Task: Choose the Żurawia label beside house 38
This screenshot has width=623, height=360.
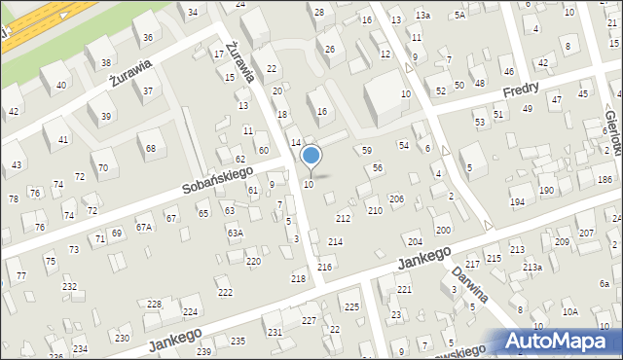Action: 131,73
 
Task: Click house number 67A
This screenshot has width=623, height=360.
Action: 144,227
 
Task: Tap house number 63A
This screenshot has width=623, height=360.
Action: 235,233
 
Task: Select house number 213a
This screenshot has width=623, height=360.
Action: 531,267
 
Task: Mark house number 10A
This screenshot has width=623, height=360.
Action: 570,311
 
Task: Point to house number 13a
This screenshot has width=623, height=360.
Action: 422,16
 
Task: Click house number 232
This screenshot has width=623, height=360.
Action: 69,286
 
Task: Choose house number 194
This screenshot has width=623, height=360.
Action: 516,201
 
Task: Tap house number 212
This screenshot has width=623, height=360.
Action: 343,218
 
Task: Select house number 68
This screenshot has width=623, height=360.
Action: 151,148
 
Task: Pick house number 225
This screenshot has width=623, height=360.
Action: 351,306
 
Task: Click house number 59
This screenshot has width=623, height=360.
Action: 367,150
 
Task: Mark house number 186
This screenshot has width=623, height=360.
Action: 605,180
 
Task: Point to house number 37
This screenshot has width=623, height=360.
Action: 148,90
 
